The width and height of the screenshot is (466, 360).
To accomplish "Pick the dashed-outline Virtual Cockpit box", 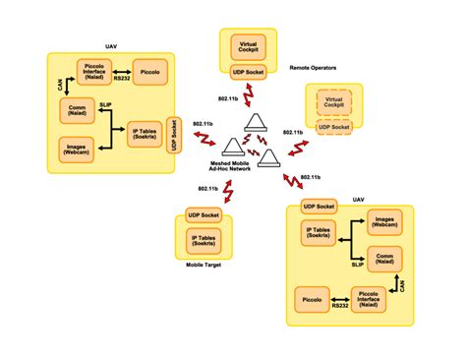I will click(x=332, y=103).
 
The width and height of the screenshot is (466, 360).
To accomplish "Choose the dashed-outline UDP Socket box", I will click(x=332, y=127).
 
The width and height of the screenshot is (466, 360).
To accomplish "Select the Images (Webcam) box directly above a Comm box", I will click(x=382, y=222).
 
